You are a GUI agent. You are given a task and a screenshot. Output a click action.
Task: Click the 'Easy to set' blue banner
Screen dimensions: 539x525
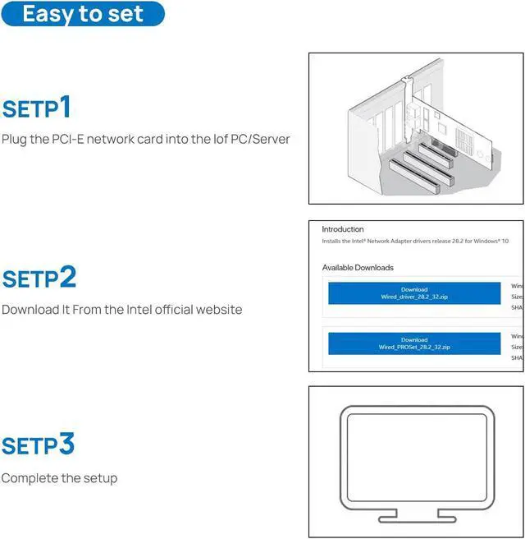[82, 14]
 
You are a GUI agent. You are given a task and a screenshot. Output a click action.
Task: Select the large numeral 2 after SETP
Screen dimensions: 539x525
[67, 277]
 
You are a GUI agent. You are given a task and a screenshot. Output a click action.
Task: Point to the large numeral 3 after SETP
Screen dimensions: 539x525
[67, 445]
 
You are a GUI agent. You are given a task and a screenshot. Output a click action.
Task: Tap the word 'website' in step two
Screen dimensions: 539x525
[219, 310]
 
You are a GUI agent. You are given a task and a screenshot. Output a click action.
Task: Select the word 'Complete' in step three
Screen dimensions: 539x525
[30, 477]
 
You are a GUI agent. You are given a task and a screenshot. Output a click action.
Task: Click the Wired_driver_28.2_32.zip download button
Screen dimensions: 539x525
[413, 293]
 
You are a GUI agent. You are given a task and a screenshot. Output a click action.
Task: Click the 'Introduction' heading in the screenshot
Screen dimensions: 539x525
[342, 229]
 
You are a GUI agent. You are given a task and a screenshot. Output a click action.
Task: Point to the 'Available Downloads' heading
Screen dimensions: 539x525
[358, 268]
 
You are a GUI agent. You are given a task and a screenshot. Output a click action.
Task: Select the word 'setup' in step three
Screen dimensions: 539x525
[101, 477]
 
